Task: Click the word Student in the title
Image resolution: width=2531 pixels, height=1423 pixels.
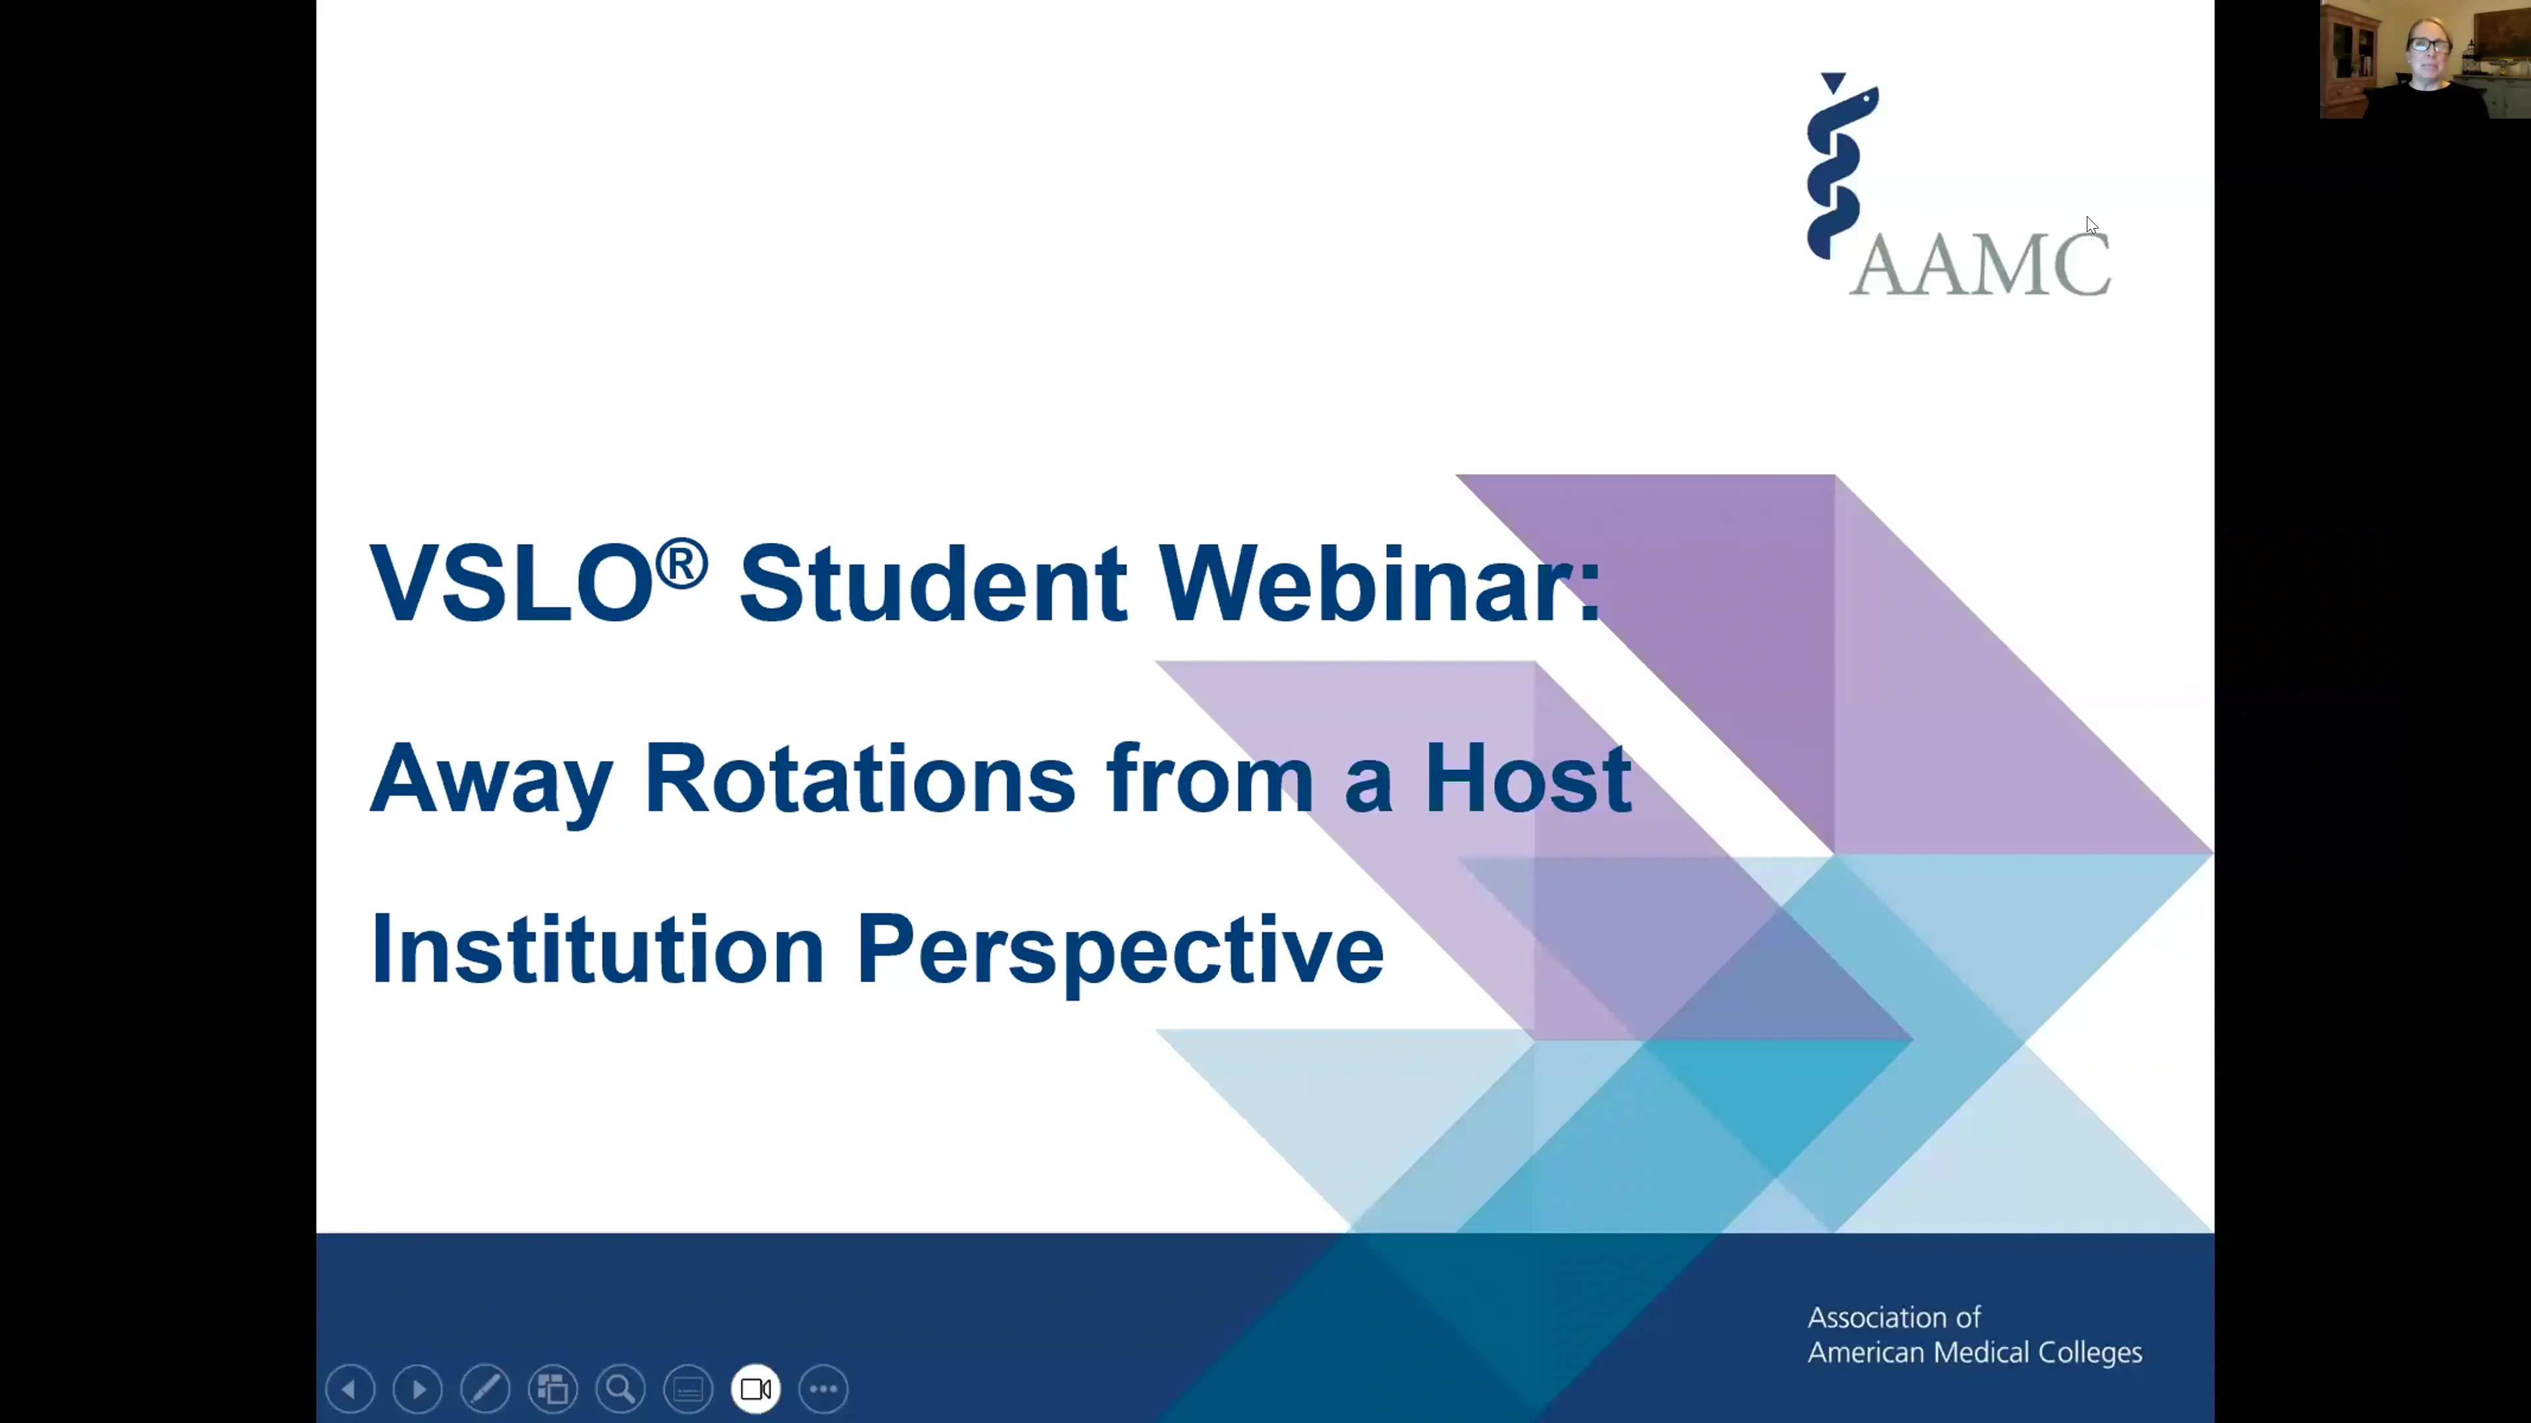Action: pyautogui.click(x=933, y=582)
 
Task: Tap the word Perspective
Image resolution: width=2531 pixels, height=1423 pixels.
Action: pyautogui.click(x=1120, y=953)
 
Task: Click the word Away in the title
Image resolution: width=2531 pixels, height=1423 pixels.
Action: pyautogui.click(x=491, y=783)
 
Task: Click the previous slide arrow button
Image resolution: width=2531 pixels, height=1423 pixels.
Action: pyautogui.click(x=350, y=1389)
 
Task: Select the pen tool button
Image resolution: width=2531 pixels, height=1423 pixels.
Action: pyautogui.click(x=485, y=1389)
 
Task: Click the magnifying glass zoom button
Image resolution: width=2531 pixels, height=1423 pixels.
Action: pyautogui.click(x=621, y=1389)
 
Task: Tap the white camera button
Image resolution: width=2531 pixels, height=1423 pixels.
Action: pyautogui.click(x=755, y=1389)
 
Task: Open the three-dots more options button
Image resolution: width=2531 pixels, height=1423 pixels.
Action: pyautogui.click(x=823, y=1389)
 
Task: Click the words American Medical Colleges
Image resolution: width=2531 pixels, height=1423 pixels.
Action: pyautogui.click(x=1975, y=1353)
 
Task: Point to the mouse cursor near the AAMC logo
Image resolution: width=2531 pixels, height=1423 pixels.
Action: pyautogui.click(x=2092, y=225)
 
